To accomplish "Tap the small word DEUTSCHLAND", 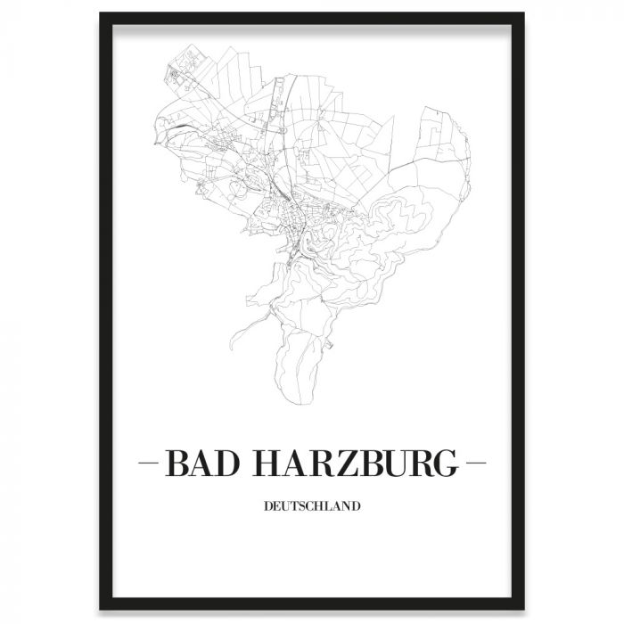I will [x=312, y=509].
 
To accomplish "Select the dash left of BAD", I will [x=150, y=464].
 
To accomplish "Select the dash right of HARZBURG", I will [x=475, y=464].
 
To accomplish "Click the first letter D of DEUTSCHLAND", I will [x=267, y=509].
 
